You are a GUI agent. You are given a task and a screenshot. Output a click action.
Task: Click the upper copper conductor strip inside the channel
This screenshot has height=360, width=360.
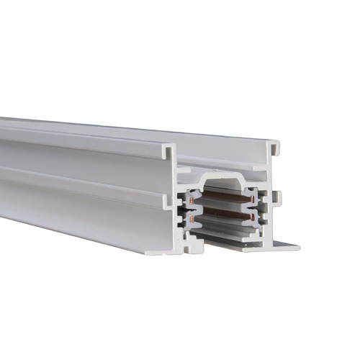click(x=227, y=196)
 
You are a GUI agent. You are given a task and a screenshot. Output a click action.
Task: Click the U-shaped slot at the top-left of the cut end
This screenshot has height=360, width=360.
click(x=168, y=152)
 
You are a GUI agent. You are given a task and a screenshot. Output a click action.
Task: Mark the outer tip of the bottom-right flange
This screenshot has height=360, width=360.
click(x=295, y=247)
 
